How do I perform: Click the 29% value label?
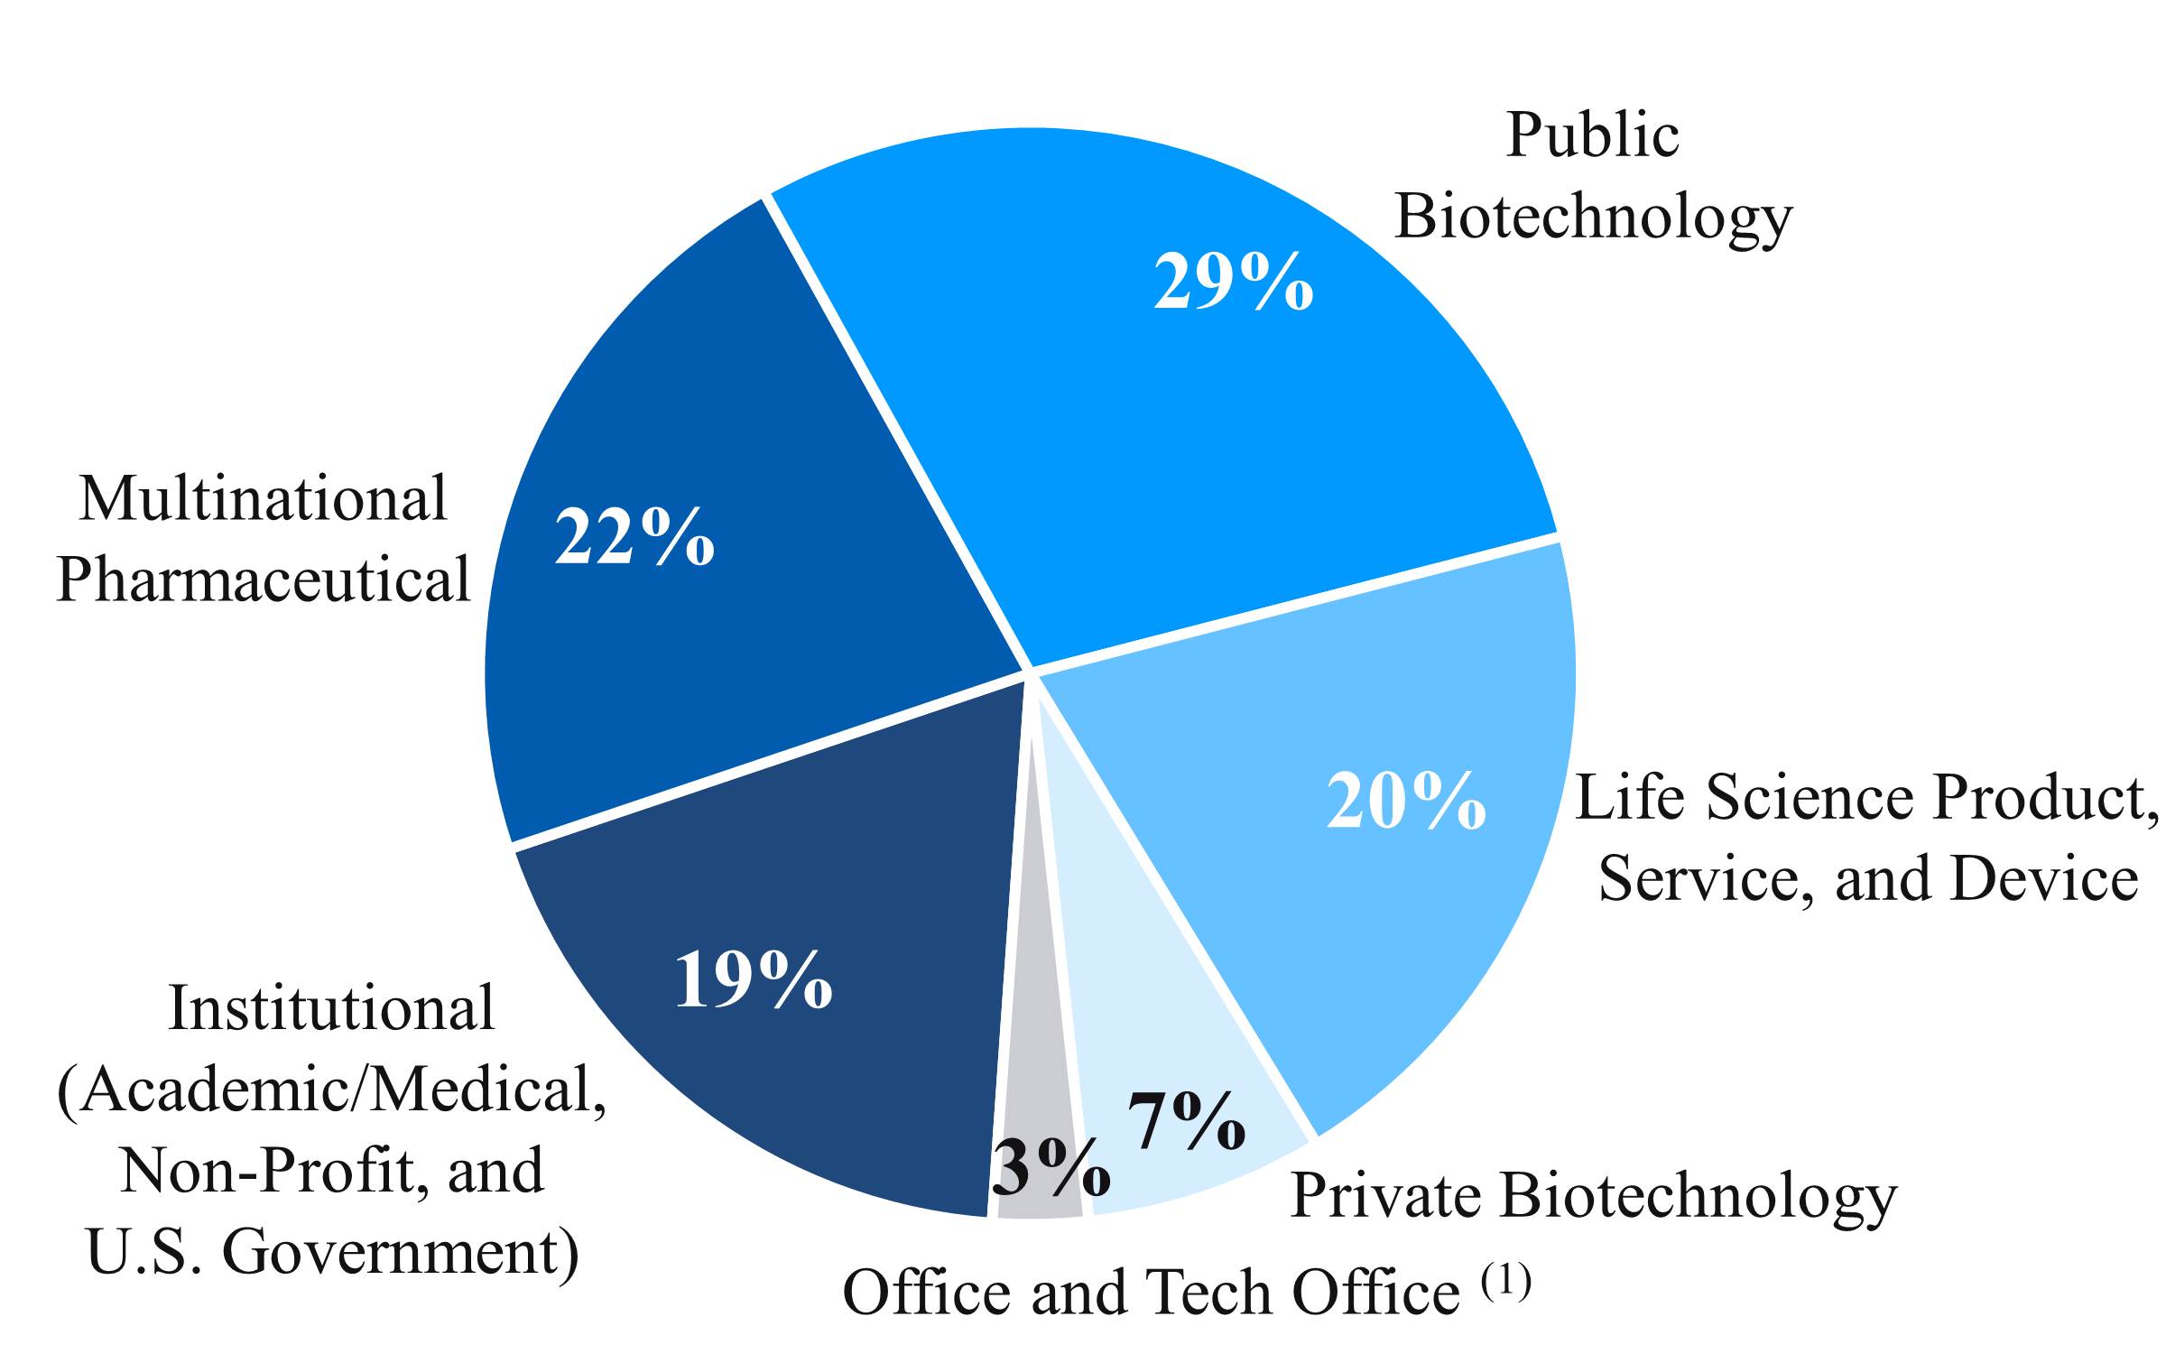coord(1233,283)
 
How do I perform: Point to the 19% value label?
coord(753,979)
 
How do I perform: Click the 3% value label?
coord(1051,1167)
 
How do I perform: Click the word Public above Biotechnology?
coord(1592,135)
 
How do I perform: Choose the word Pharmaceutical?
coord(263,579)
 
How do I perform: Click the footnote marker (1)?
coord(1506,1281)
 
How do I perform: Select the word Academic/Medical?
coord(344,1090)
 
